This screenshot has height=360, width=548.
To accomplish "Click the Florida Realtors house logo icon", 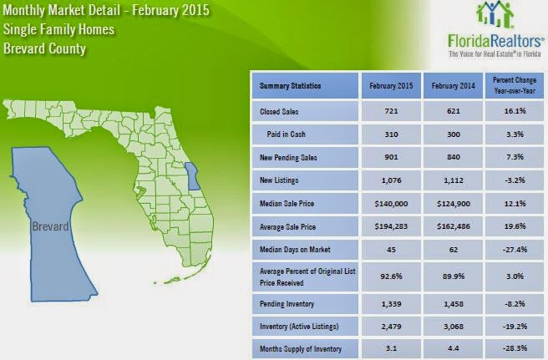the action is point(495,15).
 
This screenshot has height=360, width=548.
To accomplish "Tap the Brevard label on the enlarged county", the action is point(50,226).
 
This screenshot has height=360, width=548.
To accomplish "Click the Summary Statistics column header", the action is point(290,86).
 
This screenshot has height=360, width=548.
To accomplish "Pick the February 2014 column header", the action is point(453,86).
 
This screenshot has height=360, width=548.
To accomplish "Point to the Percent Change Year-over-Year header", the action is point(515,85).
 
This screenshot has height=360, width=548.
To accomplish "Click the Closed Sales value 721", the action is point(391,111).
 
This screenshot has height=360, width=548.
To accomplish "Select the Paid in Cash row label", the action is point(286,134).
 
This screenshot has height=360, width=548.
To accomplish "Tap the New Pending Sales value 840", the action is point(454,157).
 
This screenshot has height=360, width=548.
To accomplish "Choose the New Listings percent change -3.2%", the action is point(515,180).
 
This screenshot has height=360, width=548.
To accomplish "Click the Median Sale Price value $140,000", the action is point(391,204).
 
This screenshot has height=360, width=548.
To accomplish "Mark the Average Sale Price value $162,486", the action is point(454,226).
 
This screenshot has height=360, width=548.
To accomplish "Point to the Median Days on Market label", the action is point(295,250).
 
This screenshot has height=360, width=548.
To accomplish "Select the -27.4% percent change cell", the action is point(515,250).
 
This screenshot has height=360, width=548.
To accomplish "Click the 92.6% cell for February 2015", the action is point(391,276).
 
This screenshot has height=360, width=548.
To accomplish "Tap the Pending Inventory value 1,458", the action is point(454,304).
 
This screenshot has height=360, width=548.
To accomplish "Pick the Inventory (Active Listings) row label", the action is point(299,327).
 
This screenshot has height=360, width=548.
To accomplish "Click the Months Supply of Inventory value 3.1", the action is point(391,348).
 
